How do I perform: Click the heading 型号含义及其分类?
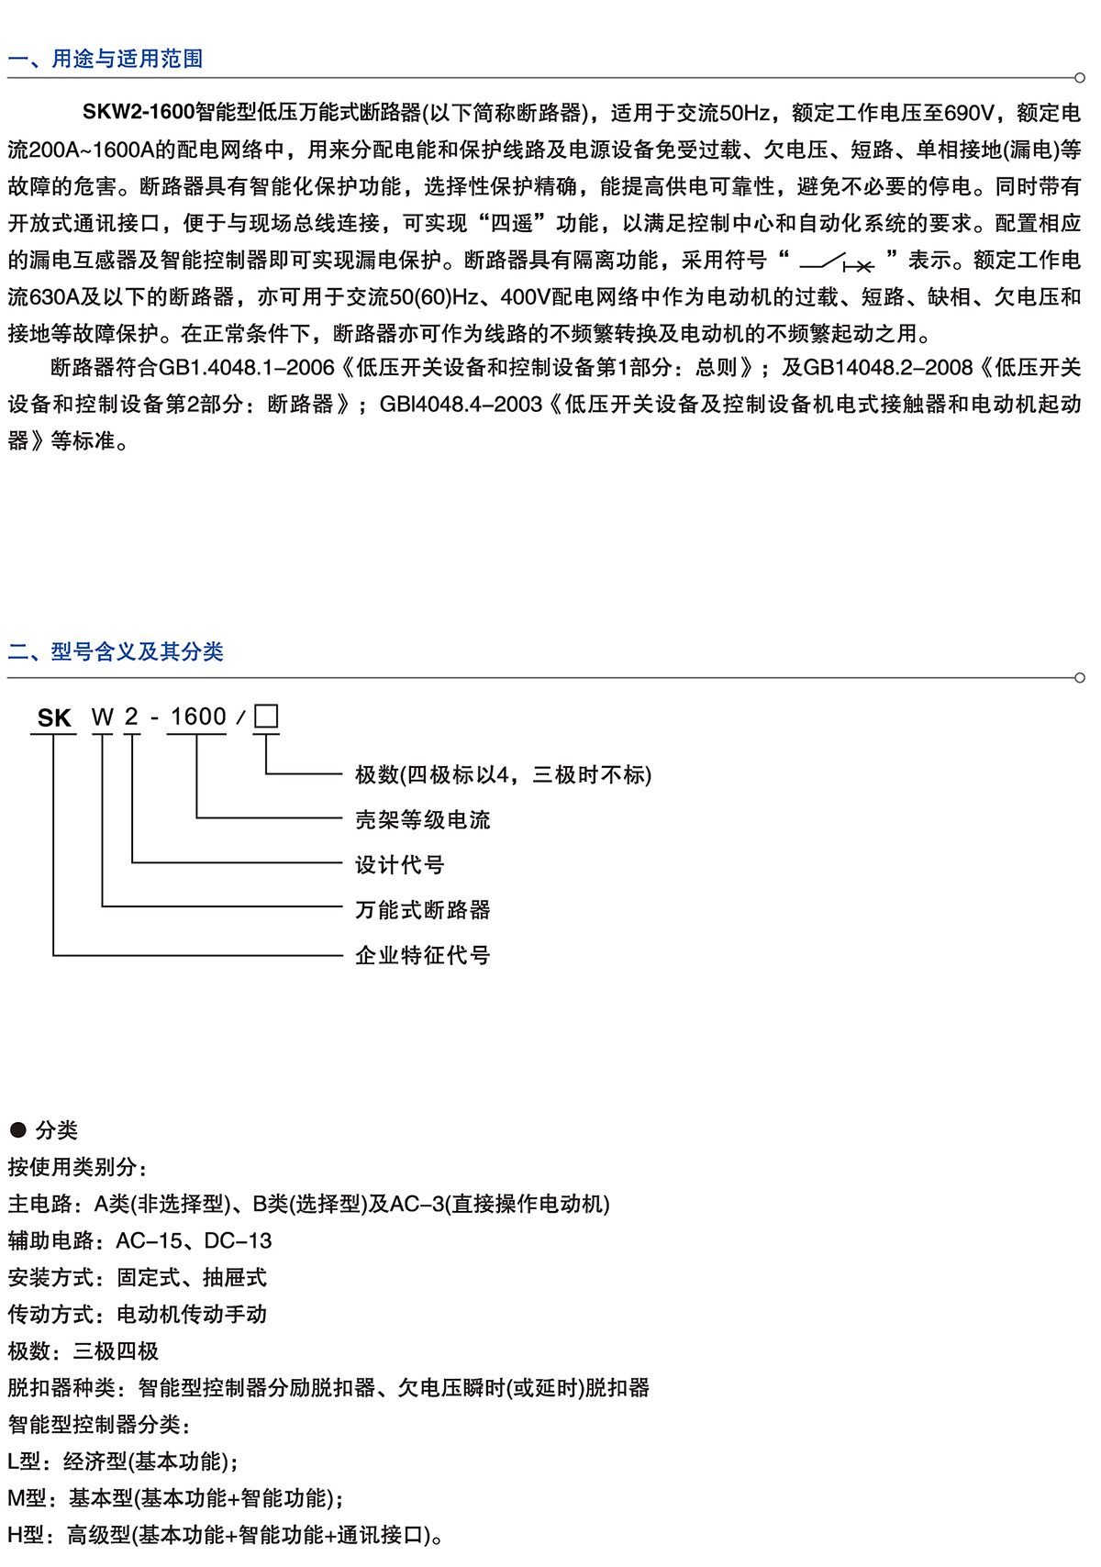click(x=137, y=651)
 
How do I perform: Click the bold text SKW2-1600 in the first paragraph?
click(x=139, y=113)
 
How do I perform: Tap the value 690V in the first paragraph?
click(x=969, y=113)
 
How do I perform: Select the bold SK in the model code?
click(x=54, y=718)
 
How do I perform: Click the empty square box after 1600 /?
click(x=266, y=716)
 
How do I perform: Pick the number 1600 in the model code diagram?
click(x=198, y=717)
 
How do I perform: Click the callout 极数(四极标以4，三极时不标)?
click(x=503, y=775)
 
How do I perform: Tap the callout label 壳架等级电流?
click(x=422, y=820)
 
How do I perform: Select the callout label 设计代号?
click(x=399, y=865)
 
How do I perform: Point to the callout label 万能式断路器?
click(x=422, y=910)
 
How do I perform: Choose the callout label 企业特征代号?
click(x=422, y=955)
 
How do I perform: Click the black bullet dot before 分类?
click(x=17, y=1129)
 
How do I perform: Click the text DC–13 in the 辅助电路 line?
click(x=238, y=1241)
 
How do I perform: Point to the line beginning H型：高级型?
click(x=226, y=1535)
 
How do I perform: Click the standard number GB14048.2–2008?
click(x=887, y=368)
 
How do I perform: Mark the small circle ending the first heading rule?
click(x=1079, y=78)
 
